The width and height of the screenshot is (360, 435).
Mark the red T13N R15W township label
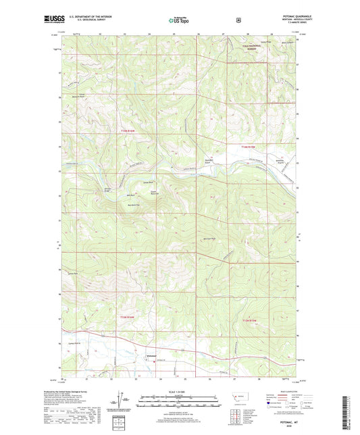point(249,321)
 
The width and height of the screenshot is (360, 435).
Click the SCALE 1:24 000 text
point(179,391)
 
